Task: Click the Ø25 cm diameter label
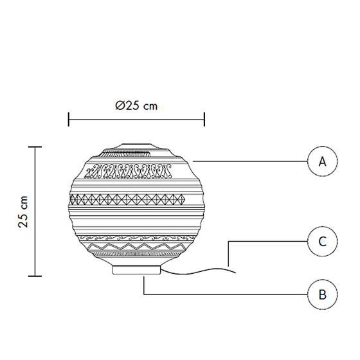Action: click(136, 105)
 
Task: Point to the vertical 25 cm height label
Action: click(23, 212)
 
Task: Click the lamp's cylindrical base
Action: click(136, 270)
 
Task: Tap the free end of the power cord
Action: click(235, 273)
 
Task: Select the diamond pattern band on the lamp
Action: click(127, 199)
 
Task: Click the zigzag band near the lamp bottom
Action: click(138, 247)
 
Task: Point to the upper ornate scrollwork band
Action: click(129, 171)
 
